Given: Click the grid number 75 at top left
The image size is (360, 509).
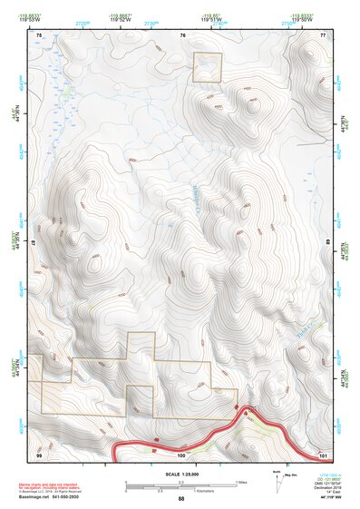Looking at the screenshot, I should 40,34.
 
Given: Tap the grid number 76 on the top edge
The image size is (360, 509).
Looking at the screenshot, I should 182,34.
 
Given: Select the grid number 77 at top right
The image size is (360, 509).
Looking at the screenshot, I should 323,34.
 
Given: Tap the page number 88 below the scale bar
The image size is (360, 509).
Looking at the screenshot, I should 181,498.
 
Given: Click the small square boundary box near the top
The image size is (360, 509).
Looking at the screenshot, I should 208,66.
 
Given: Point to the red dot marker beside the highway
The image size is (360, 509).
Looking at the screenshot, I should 245,412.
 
